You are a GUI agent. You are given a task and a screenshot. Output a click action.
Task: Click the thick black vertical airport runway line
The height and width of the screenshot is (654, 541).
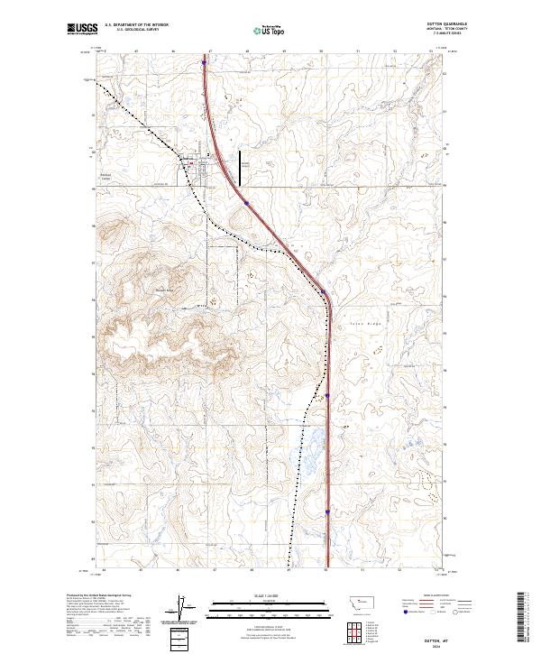240,169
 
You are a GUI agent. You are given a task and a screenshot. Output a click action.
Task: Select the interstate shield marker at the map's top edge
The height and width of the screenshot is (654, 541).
204,63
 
